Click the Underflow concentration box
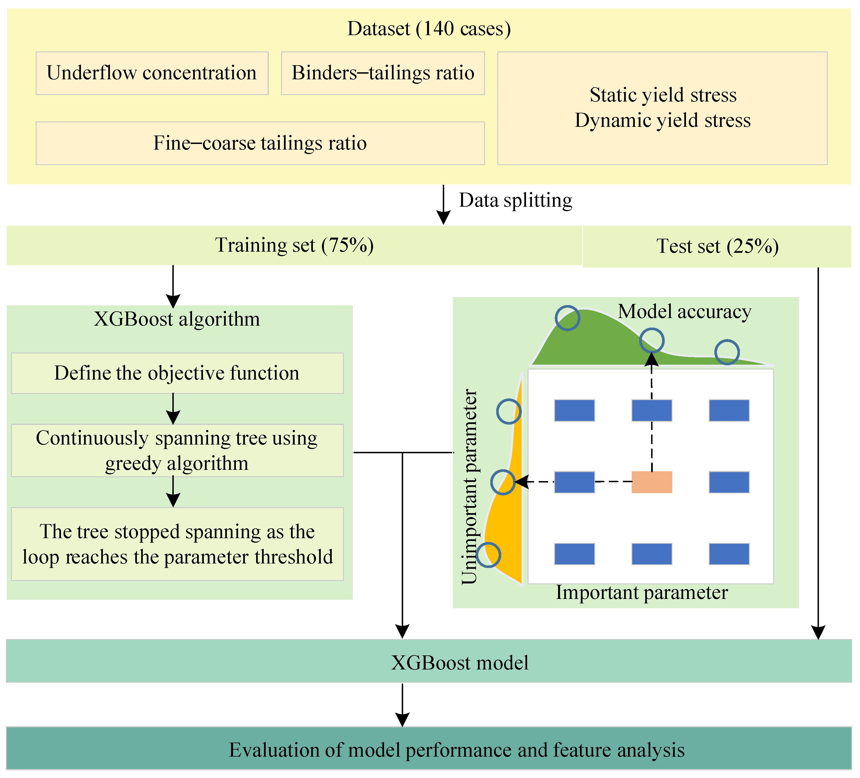point(152,73)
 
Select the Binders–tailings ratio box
point(383,73)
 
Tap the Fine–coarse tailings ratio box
point(260,143)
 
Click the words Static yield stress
point(663,95)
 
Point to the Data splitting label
point(515,200)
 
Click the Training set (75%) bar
point(294,245)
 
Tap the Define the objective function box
point(177,373)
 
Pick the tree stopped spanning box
point(177,544)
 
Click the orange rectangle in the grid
point(652,482)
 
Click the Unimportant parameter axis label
point(470,486)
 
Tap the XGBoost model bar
point(429,661)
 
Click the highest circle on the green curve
point(567,318)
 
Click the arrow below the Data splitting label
point(444,204)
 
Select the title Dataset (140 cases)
point(429,29)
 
